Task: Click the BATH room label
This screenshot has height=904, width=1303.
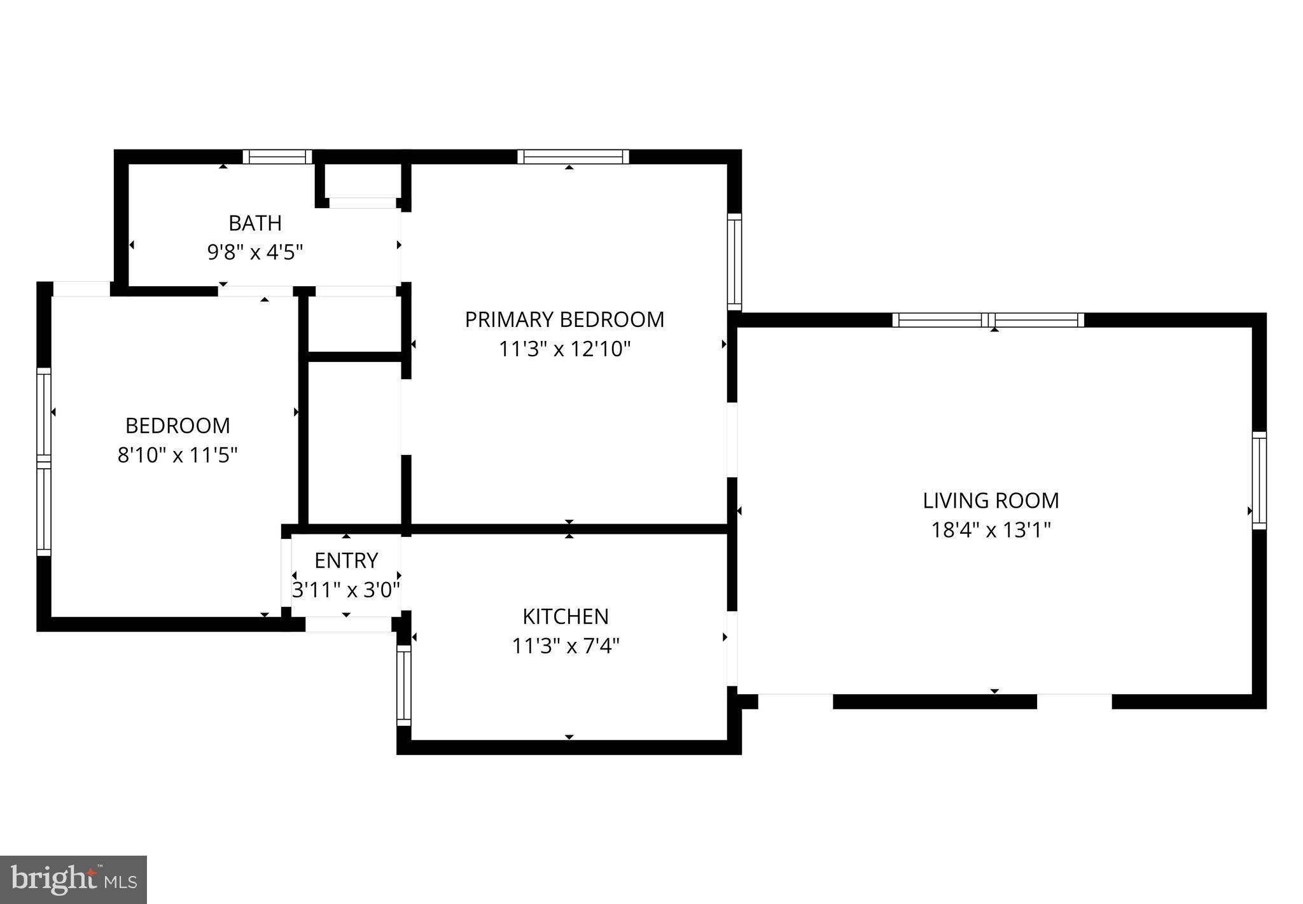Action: [x=254, y=223]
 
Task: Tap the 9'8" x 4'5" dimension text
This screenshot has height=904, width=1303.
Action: [x=254, y=253]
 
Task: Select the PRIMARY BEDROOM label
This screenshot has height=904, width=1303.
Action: [x=564, y=319]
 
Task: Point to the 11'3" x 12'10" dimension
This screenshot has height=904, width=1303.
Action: [x=564, y=349]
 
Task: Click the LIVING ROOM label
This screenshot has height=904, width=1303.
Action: [x=991, y=501]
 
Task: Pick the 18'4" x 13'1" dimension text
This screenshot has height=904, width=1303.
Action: [x=991, y=530]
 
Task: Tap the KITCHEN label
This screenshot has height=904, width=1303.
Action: [x=566, y=616]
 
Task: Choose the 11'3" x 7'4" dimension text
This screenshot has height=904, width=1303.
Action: [x=566, y=646]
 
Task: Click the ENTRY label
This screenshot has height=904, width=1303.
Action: [x=346, y=560]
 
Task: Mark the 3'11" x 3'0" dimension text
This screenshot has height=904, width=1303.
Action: [x=346, y=590]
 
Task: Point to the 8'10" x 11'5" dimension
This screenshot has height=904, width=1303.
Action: [x=178, y=455]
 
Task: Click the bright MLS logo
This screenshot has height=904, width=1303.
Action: [x=74, y=880]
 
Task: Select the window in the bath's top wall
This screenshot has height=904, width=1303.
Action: [x=277, y=156]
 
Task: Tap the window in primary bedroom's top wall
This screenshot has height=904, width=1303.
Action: [x=573, y=156]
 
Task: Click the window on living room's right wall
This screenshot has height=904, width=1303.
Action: [x=1259, y=480]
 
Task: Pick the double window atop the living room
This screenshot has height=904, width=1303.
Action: [x=987, y=320]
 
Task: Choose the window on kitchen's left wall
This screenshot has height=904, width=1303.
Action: [x=404, y=685]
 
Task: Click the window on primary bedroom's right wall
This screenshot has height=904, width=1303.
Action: [x=734, y=261]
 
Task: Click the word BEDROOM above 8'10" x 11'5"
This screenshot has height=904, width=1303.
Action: [x=178, y=426]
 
